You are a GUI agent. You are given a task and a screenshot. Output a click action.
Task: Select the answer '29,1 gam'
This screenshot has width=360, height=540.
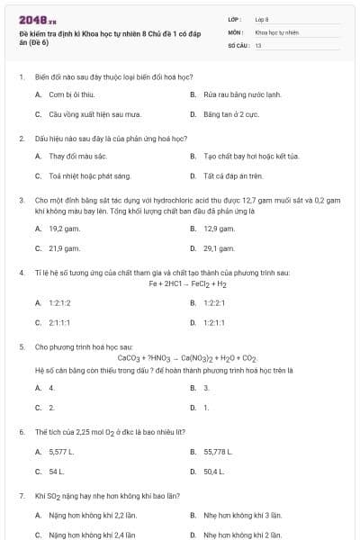[x=219, y=247]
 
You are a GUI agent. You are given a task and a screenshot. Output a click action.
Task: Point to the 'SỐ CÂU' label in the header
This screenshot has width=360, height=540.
[x=238, y=43]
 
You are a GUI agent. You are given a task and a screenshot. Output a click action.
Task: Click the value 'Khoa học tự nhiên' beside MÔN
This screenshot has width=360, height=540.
[x=277, y=31]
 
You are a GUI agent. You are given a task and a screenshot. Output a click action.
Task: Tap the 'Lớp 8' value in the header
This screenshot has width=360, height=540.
[x=262, y=18]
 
